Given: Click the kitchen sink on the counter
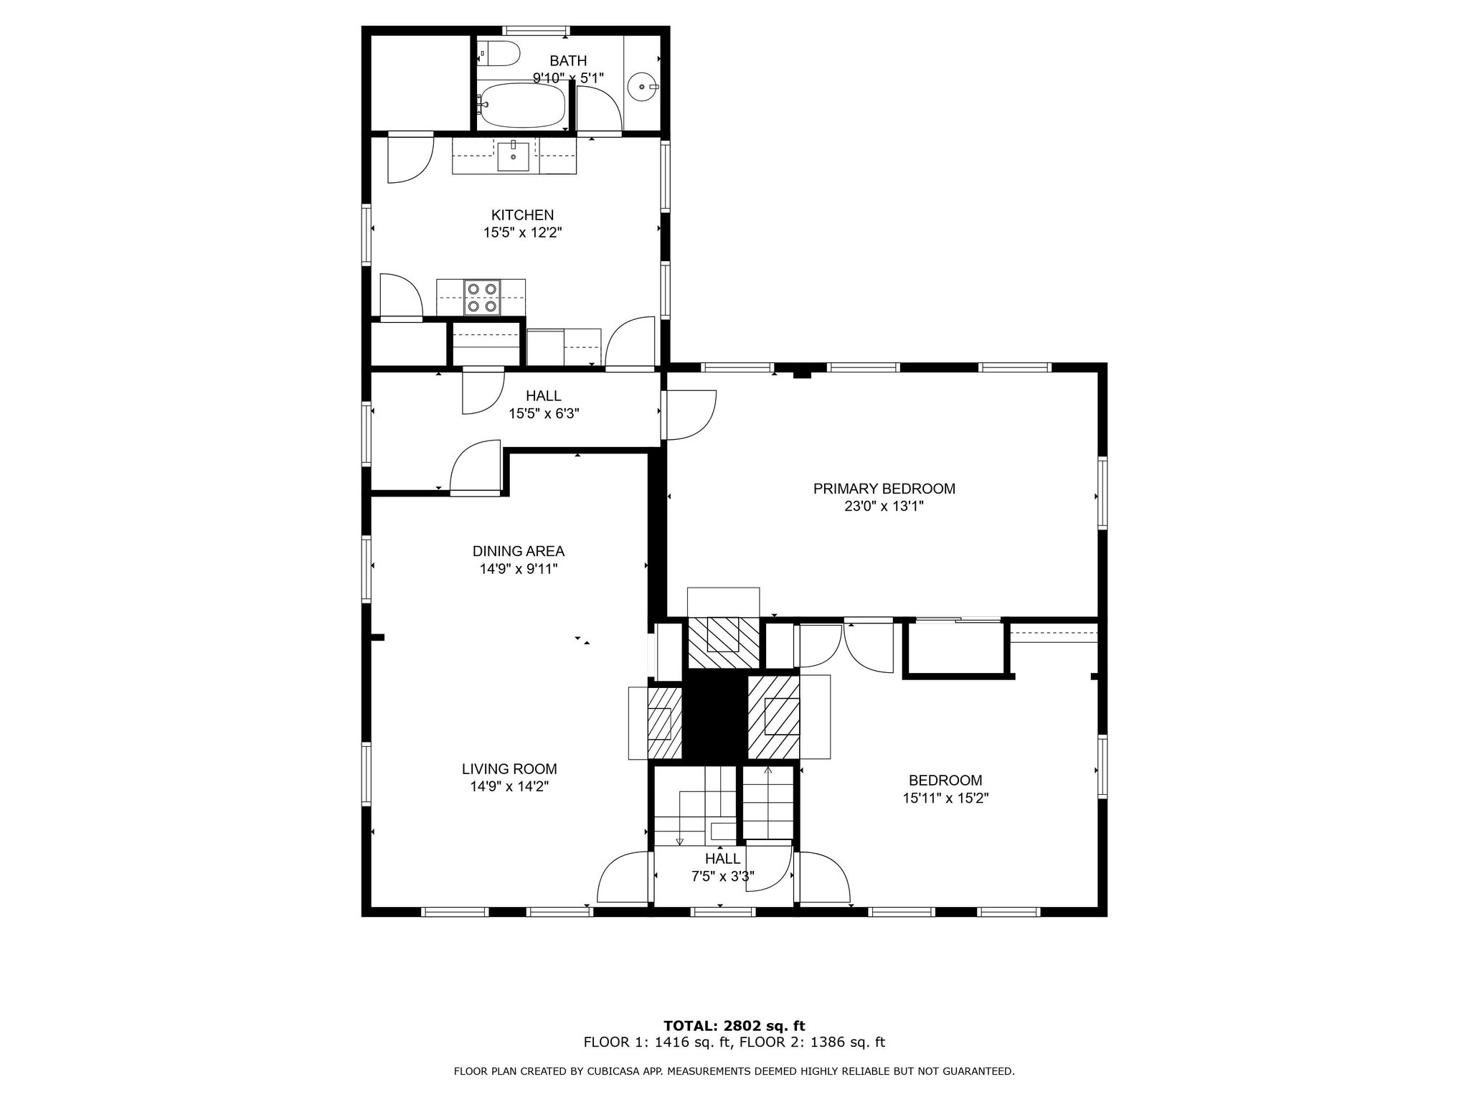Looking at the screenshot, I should tap(513, 156).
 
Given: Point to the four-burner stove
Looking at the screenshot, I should tap(481, 297).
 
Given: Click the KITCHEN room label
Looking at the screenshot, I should tap(522, 215).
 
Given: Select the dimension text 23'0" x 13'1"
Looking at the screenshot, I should tap(884, 506).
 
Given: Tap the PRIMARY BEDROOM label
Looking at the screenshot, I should tap(884, 489).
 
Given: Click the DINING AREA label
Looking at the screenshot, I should tap(518, 551).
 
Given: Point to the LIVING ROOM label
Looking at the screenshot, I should tap(509, 768).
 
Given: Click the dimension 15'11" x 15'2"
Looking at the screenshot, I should tap(945, 797).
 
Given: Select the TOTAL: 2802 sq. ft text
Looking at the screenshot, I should tap(734, 1026).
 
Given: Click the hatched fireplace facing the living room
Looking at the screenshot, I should tap(664, 722).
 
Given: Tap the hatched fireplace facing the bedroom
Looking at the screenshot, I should tap(774, 717).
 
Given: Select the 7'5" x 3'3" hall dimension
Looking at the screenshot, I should tap(722, 876).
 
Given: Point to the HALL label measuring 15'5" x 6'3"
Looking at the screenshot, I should tap(543, 395).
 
